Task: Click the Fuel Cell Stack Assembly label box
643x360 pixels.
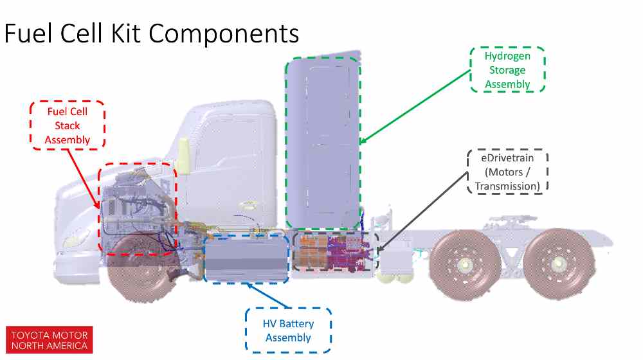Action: [68, 125]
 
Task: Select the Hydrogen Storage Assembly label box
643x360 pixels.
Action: [507, 69]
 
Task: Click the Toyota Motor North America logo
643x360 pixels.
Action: [49, 339]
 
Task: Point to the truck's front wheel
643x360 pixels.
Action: [140, 271]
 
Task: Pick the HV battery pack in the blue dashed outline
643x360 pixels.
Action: [246, 257]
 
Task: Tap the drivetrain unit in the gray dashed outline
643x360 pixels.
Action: [334, 252]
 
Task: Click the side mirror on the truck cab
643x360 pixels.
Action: [183, 156]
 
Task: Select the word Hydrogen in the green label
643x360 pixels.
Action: [507, 56]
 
